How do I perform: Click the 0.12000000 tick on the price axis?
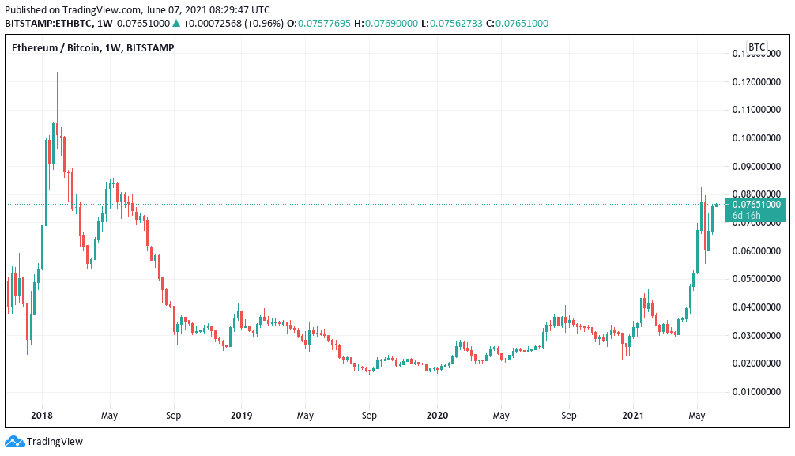point(756,81)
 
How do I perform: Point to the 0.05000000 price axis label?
point(756,279)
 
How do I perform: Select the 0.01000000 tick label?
point(756,392)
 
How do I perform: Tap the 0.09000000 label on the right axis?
point(756,166)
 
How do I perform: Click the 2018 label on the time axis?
point(42,415)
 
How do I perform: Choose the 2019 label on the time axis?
point(241,415)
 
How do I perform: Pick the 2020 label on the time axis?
point(437,415)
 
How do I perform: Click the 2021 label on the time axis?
point(633,415)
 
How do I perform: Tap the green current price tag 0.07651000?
point(756,205)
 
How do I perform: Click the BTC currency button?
point(756,47)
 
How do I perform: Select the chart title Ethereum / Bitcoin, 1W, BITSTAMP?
point(93,48)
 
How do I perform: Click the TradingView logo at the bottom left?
point(44,442)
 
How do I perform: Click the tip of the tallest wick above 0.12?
point(57,72)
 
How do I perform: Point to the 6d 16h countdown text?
point(747,216)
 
